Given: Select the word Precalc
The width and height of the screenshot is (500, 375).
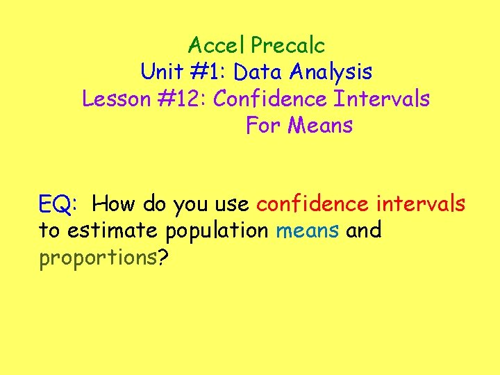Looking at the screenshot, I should [287, 46].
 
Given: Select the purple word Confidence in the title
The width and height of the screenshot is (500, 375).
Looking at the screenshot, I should [269, 99].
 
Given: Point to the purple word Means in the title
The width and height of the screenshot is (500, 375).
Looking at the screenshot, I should [320, 126].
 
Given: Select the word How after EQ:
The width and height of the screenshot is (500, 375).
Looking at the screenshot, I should [115, 205].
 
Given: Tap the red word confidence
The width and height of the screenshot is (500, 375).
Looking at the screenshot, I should [312, 205].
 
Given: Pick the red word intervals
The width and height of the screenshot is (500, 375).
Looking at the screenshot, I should [421, 205].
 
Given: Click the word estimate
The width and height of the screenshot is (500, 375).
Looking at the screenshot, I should [106, 231].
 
